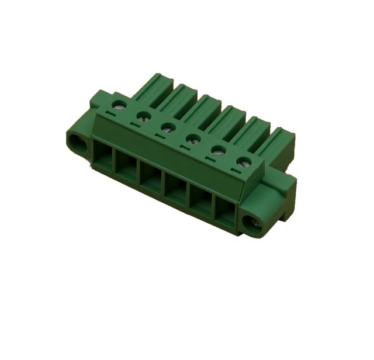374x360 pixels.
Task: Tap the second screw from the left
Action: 142,116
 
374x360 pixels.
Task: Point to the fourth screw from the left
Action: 192,139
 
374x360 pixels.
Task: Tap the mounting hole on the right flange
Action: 255,221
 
